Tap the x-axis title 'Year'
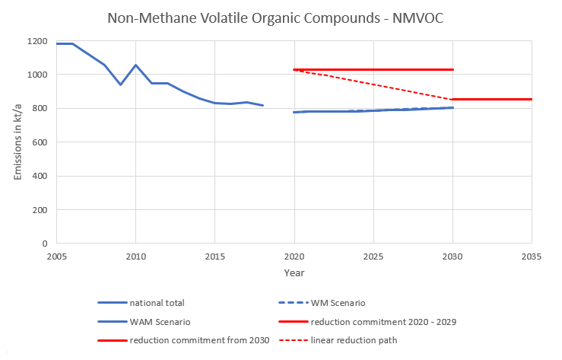294,272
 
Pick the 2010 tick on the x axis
135,256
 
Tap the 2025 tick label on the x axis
373,256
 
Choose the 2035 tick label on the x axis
531,256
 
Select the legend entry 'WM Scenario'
344,302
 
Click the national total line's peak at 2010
135,65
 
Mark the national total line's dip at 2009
120,84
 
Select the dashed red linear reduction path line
373,84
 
